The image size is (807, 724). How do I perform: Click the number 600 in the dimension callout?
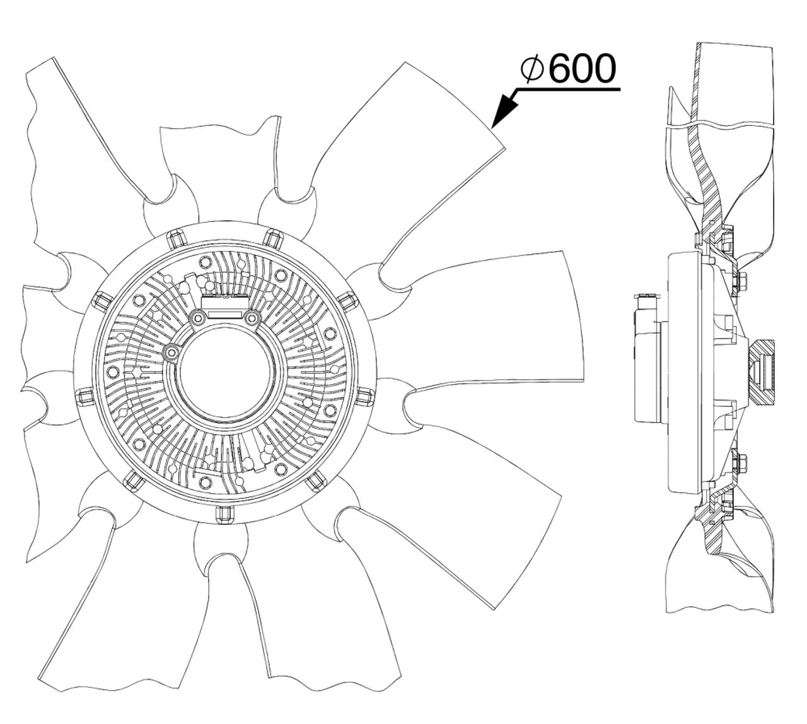coord(583,69)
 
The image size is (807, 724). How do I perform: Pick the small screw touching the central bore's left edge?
coord(171,351)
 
